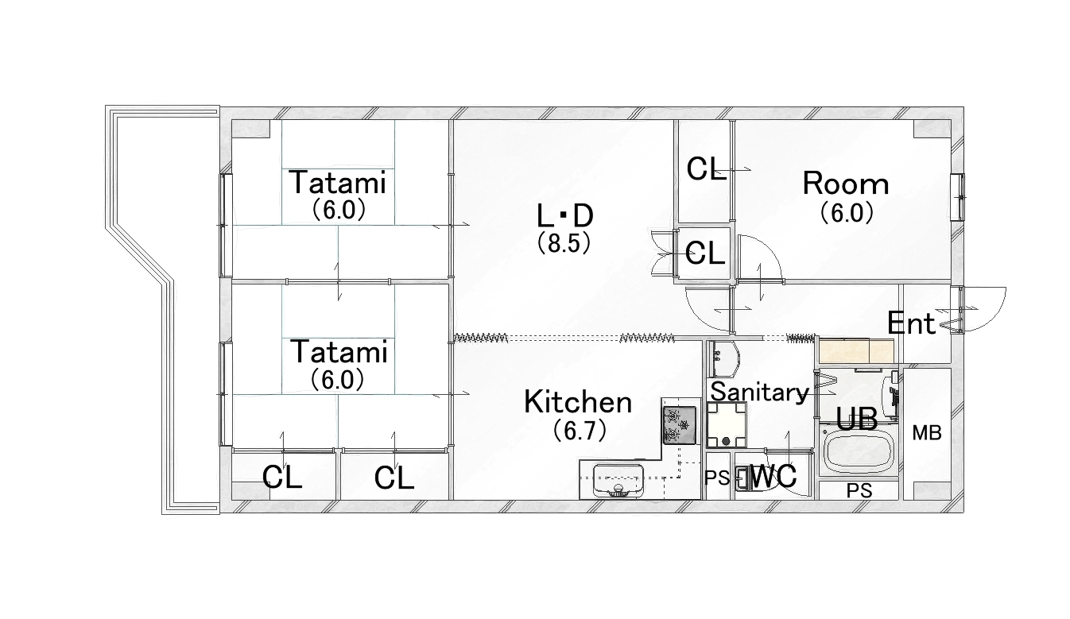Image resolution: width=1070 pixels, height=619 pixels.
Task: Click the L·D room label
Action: tap(565, 216)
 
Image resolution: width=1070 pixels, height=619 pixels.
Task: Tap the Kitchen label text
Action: tap(578, 402)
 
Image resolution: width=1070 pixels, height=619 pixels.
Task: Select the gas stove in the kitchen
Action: tap(679, 425)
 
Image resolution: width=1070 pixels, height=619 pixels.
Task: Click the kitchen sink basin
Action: tap(618, 482)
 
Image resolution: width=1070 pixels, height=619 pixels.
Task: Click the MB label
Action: tap(927, 433)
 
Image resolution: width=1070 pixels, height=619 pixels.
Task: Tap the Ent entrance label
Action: tap(910, 323)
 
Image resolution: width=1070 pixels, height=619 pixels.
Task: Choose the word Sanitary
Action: tap(760, 392)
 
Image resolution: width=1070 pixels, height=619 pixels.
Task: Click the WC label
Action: tap(773, 476)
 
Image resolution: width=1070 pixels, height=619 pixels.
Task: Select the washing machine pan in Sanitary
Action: tap(727, 424)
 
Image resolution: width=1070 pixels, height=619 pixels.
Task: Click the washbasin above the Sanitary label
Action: tap(724, 359)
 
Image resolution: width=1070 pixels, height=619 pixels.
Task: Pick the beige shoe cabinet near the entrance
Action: tap(856, 351)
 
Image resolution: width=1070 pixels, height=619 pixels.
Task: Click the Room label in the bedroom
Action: tap(846, 184)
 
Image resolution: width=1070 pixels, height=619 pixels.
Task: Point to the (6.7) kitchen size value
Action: tap(580, 431)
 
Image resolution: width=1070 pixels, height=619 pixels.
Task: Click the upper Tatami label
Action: tap(338, 183)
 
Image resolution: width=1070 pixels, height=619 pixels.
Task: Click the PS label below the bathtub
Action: tap(859, 490)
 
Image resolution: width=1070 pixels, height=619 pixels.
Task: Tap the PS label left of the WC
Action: tap(718, 478)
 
